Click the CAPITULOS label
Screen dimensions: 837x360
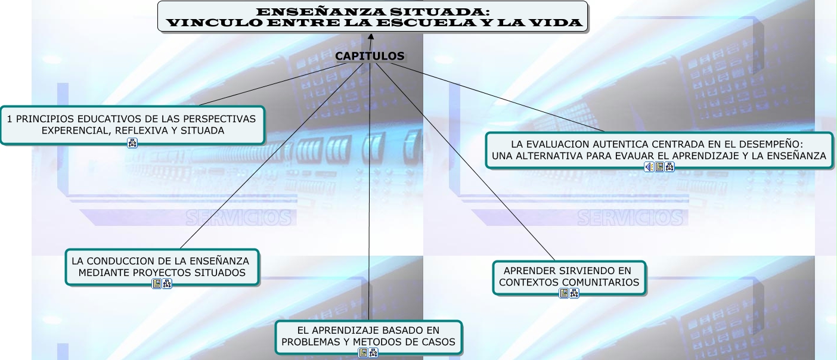coord(370,56)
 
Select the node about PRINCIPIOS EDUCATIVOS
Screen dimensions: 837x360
coord(132,125)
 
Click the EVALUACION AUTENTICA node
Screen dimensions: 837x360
coord(658,150)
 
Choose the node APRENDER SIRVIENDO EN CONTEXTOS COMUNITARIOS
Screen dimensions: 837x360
coord(569,277)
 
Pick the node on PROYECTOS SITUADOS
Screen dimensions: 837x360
coord(162,266)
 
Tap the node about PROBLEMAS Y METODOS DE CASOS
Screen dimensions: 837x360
coord(368,336)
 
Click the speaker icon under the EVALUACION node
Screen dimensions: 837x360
coord(649,167)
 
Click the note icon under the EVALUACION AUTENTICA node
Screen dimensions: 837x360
coord(659,167)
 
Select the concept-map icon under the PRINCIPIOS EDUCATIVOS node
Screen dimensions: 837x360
coord(132,142)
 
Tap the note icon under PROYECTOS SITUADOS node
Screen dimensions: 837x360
coord(156,284)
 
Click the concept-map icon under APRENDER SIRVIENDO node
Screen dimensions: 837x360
coord(574,293)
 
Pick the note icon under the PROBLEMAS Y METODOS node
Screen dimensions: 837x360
coord(362,353)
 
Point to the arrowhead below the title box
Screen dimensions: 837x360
coord(371,37)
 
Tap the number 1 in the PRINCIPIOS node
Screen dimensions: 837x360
coord(10,119)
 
